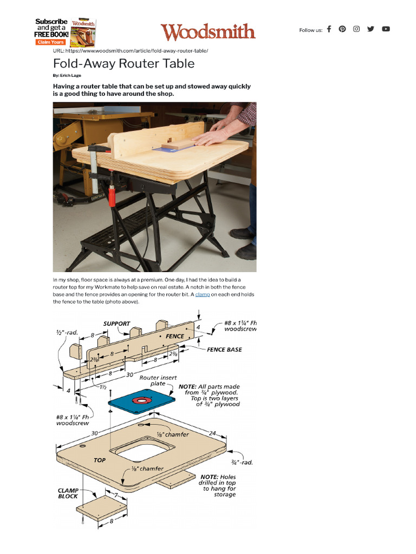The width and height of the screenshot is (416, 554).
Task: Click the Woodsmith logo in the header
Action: pyautogui.click(x=207, y=32)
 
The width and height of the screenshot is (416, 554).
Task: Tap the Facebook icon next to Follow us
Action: pyautogui.click(x=329, y=29)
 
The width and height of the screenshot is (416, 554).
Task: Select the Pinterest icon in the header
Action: pyautogui.click(x=342, y=29)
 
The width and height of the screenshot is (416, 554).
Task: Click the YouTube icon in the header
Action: pyautogui.click(x=386, y=29)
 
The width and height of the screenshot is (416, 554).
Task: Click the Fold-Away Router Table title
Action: pyautogui.click(x=123, y=63)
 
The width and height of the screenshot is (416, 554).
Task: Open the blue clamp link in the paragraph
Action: pyautogui.click(x=202, y=295)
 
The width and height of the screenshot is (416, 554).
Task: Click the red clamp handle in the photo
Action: pyautogui.click(x=112, y=195)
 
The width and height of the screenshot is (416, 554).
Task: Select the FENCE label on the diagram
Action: pyautogui.click(x=174, y=336)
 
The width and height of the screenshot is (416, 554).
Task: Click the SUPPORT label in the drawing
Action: pyautogui.click(x=117, y=324)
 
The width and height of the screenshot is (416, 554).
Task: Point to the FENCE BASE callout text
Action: pyautogui.click(x=224, y=349)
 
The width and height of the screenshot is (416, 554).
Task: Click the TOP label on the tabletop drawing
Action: pyautogui.click(x=100, y=460)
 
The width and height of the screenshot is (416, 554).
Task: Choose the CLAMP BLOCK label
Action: pyautogui.click(x=68, y=493)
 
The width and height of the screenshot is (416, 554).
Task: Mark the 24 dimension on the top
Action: pyautogui.click(x=212, y=433)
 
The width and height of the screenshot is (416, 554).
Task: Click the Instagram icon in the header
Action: pyautogui.click(x=356, y=29)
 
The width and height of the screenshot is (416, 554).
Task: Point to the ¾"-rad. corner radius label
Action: pyautogui.click(x=242, y=463)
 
